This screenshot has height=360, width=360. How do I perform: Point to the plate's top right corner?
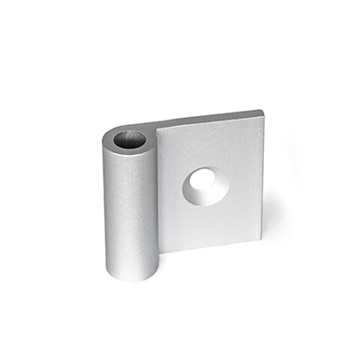263,112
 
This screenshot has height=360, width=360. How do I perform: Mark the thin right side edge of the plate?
261,171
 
